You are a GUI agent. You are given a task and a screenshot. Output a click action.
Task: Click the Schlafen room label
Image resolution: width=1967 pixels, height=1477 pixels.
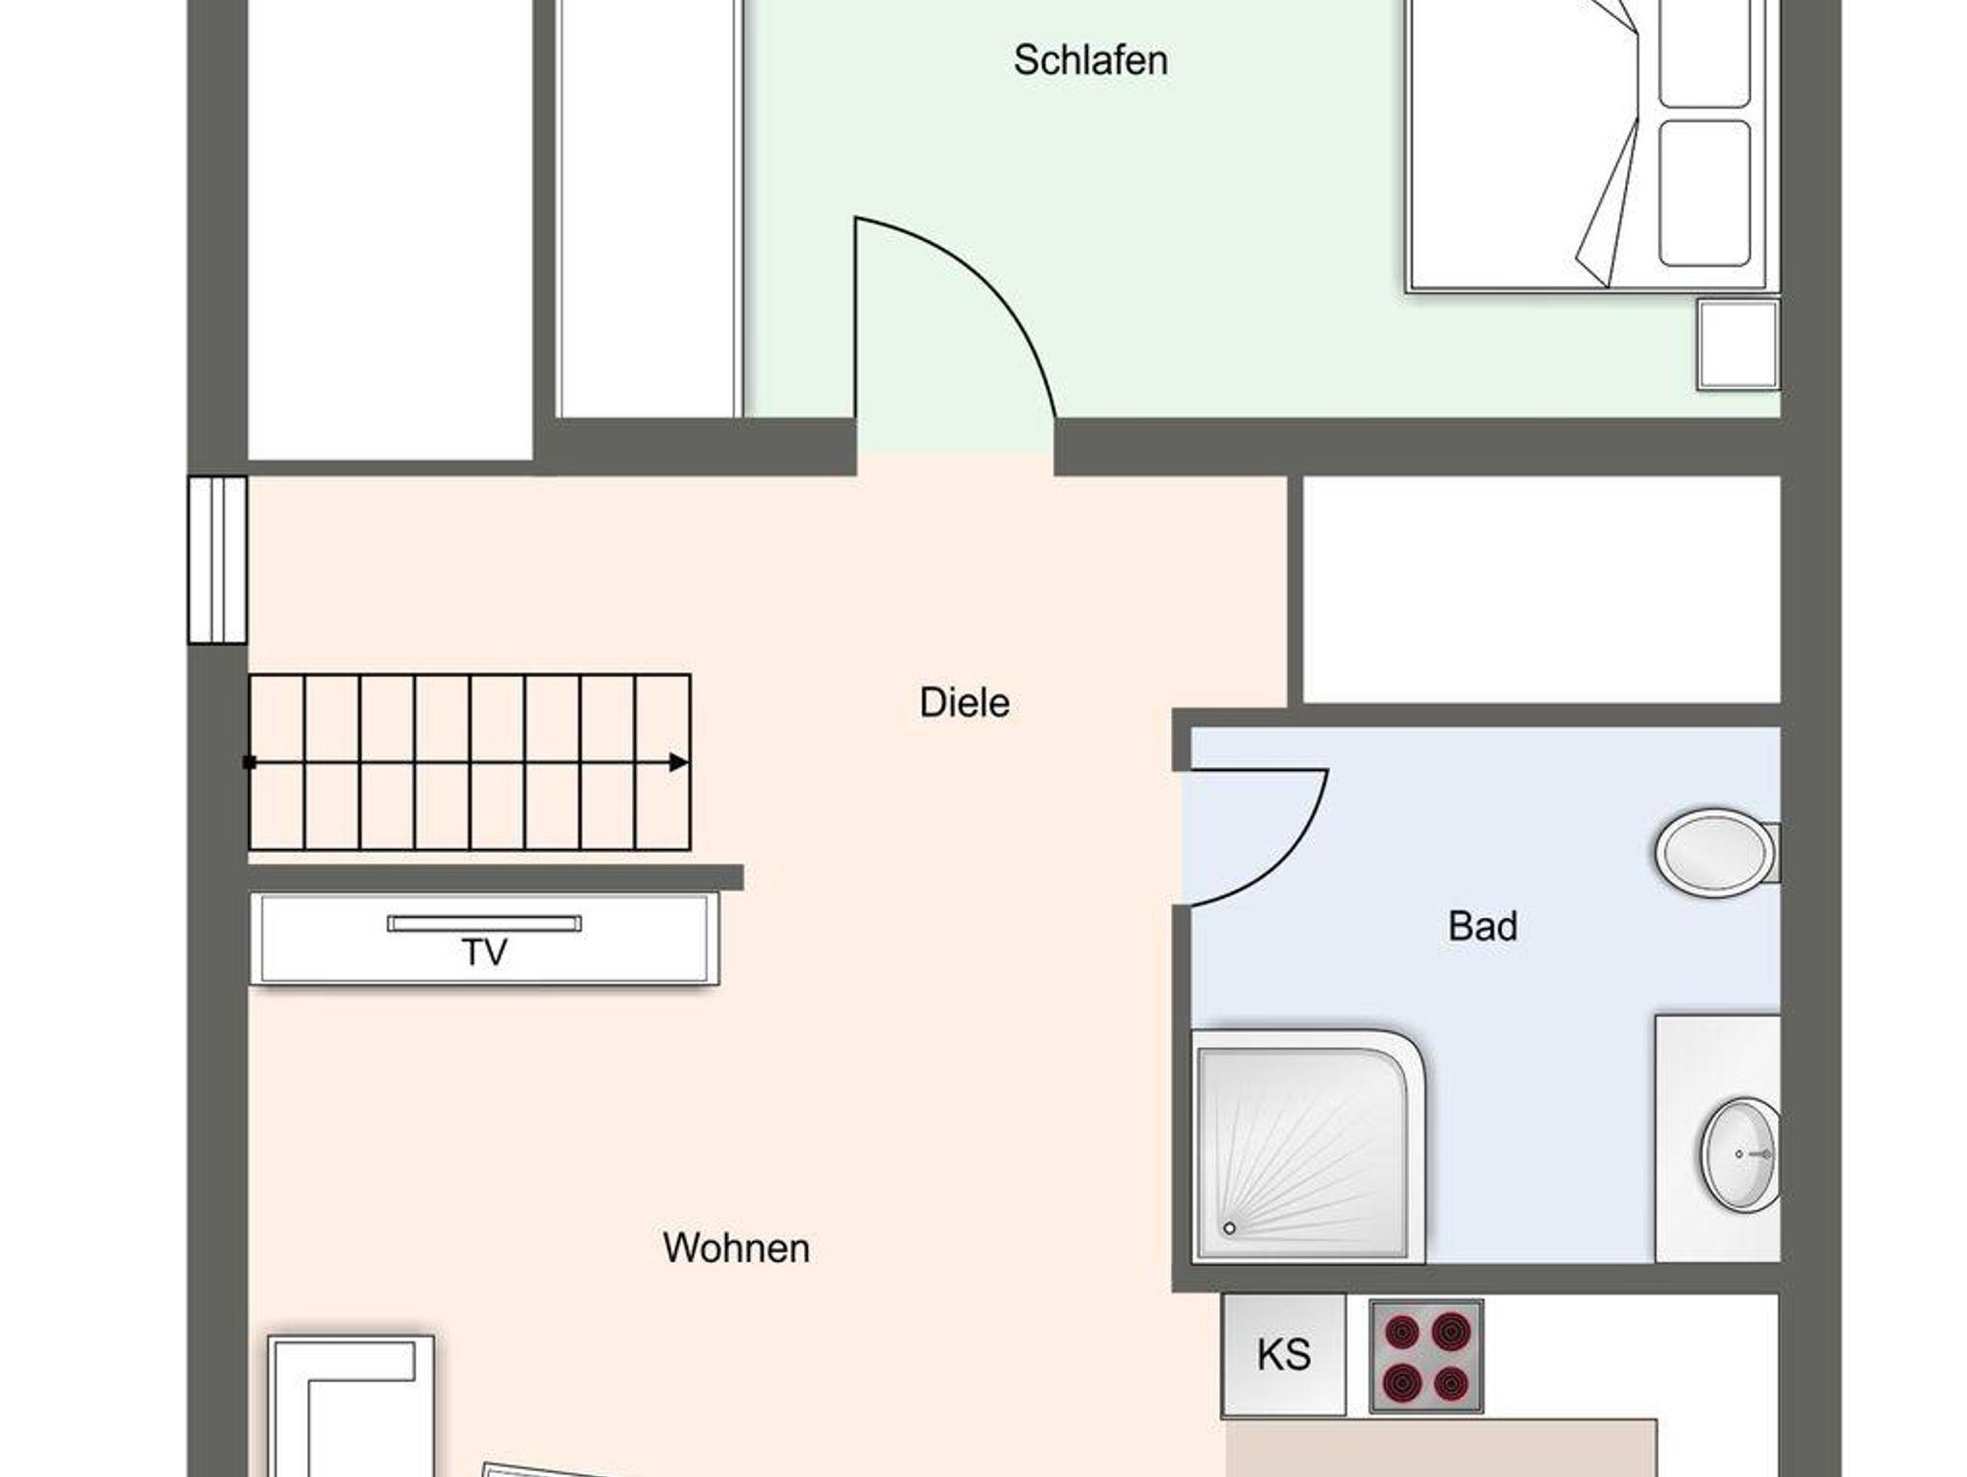(x=1090, y=61)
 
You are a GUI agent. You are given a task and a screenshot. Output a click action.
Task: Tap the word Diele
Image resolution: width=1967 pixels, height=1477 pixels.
(x=964, y=703)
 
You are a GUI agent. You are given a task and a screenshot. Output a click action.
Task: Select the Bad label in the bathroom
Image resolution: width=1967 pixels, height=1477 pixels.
(x=1483, y=927)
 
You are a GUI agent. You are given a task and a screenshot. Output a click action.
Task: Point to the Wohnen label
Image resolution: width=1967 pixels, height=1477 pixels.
(x=736, y=1248)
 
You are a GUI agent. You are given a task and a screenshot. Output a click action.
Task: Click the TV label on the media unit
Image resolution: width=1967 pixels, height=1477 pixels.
(x=485, y=953)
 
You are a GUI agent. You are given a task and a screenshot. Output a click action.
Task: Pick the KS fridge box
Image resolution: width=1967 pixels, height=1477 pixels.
(x=1284, y=1355)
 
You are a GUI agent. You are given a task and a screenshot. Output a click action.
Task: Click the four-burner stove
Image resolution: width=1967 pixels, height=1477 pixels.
(x=1426, y=1356)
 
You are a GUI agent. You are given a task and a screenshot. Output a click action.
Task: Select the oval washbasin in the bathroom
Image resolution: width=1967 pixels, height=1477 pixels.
(x=1739, y=1153)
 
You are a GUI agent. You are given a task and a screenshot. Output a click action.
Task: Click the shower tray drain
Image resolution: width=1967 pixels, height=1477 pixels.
(x=1228, y=1228)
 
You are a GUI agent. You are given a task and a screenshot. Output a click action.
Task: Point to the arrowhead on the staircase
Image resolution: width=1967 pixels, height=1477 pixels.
(x=679, y=763)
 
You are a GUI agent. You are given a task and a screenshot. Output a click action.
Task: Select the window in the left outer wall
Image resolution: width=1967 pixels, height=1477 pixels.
(x=217, y=559)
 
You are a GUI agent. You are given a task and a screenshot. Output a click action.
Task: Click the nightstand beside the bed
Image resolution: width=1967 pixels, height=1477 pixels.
(x=1738, y=345)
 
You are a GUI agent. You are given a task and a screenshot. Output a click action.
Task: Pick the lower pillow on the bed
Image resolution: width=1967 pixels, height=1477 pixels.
(x=1705, y=193)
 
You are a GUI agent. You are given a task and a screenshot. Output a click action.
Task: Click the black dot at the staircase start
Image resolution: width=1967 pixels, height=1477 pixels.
(x=250, y=763)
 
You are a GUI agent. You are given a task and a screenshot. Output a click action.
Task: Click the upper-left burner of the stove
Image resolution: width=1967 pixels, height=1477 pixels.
(x=1402, y=1332)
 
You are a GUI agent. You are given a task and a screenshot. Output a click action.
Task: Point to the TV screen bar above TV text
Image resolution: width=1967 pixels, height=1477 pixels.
(x=484, y=924)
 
